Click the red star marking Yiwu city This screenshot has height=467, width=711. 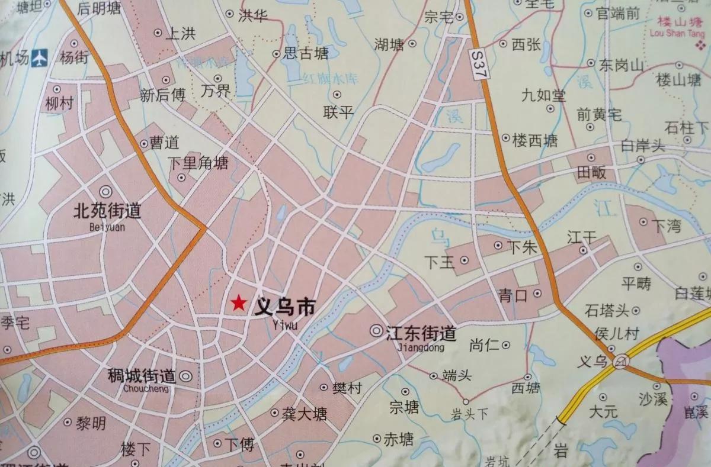pyautogui.click(x=239, y=304)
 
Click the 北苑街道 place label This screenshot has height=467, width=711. pyautogui.click(x=107, y=211)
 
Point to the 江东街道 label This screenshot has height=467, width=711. pyautogui.click(x=421, y=333)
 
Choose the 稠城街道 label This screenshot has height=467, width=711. pyautogui.click(x=142, y=376)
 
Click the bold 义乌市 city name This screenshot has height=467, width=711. pyautogui.click(x=284, y=307)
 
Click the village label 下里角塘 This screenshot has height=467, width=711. pyautogui.click(x=197, y=162)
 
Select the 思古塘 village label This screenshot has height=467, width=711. pyautogui.click(x=306, y=54)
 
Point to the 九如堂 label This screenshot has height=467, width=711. pyautogui.click(x=544, y=95)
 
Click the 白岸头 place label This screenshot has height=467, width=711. pyautogui.click(x=643, y=145)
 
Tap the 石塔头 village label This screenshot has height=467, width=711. pyautogui.click(x=606, y=310)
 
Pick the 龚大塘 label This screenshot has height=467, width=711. pyautogui.click(x=305, y=414)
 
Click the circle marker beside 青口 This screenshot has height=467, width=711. pyautogui.click(x=537, y=293)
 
